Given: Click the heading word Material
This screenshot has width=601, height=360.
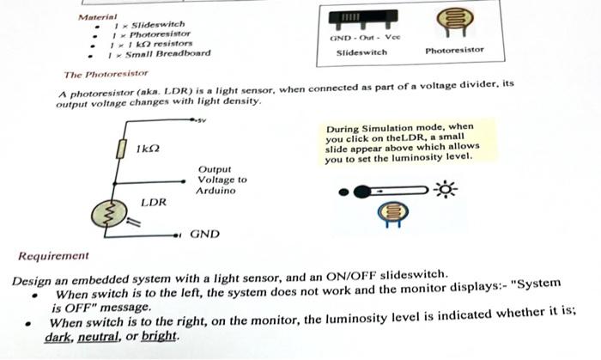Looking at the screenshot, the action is point(96,16).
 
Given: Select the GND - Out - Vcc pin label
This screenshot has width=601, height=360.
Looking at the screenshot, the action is point(359,39).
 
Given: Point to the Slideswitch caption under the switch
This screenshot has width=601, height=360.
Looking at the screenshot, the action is point(361,52).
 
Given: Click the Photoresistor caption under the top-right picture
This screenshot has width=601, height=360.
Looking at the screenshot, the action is point(454,51).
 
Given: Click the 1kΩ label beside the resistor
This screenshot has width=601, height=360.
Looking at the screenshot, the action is point(148,149).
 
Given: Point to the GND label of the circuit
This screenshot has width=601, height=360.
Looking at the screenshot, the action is point(204,233).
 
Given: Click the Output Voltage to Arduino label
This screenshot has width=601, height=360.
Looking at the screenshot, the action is point(222,180).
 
